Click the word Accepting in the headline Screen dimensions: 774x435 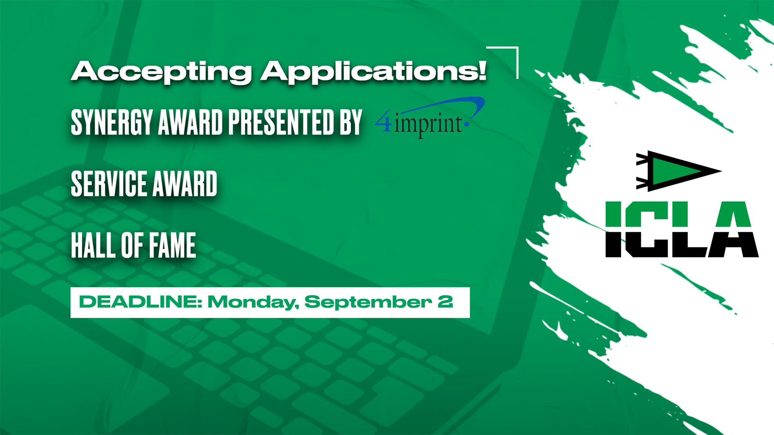pyautogui.click(x=162, y=72)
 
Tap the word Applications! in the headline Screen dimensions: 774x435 pyautogui.click(x=374, y=72)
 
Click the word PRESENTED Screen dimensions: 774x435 pyautogui.click(x=281, y=122)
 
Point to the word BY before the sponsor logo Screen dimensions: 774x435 pyautogui.click(x=351, y=122)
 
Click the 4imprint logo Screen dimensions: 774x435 pyautogui.click(x=430, y=118)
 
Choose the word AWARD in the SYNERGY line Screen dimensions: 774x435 pyautogui.click(x=191, y=122)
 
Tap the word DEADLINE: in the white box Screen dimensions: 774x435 pyautogui.click(x=140, y=302)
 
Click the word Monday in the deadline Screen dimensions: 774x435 pyautogui.click(x=253, y=302)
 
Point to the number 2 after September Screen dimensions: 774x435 pyautogui.click(x=445, y=302)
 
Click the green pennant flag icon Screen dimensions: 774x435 pyautogui.click(x=678, y=171)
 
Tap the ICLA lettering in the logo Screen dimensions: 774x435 pyautogui.click(x=682, y=229)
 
